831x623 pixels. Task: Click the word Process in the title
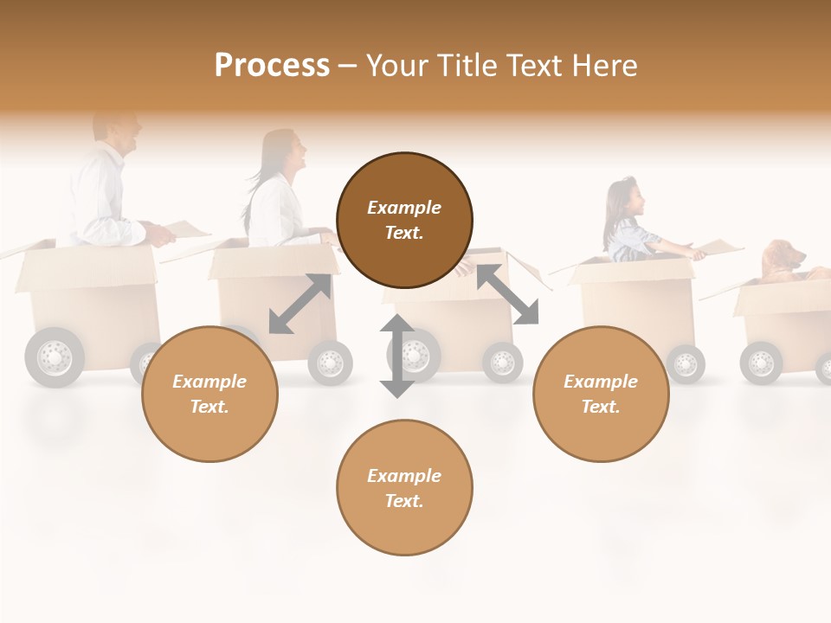coord(272,66)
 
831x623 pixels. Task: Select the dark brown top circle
coord(404,221)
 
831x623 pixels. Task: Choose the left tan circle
coord(209,394)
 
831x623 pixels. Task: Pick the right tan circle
coord(601,394)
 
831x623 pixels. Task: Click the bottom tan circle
coord(404,488)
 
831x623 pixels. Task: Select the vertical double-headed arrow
coord(397,356)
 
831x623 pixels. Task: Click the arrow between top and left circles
coord(300,304)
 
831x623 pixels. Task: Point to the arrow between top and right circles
coord(507,295)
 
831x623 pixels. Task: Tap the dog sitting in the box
coord(783,262)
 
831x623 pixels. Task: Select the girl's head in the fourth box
coord(628,200)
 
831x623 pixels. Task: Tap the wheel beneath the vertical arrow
coord(416,355)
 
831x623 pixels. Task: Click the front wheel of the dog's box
coord(761,362)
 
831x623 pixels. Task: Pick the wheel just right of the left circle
coord(331,362)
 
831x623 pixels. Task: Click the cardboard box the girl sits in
coord(636,299)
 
